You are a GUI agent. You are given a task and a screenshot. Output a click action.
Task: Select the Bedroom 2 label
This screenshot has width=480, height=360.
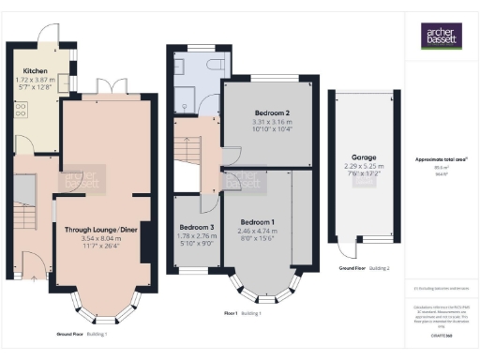pyautogui.click(x=260, y=112)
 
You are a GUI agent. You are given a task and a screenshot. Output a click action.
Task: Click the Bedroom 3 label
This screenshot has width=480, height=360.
pyautogui.click(x=197, y=228)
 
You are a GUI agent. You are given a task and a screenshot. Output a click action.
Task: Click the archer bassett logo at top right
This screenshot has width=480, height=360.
pyautogui.click(x=440, y=37)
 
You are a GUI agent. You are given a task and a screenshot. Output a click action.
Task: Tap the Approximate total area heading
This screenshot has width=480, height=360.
pyautogui.click(x=441, y=159)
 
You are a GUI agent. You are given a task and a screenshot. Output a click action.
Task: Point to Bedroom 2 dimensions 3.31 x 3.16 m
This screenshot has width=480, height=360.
pyautogui.click(x=260, y=121)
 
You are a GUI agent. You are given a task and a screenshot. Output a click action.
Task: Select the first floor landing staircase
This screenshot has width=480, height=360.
pyautogui.click(x=188, y=150)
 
